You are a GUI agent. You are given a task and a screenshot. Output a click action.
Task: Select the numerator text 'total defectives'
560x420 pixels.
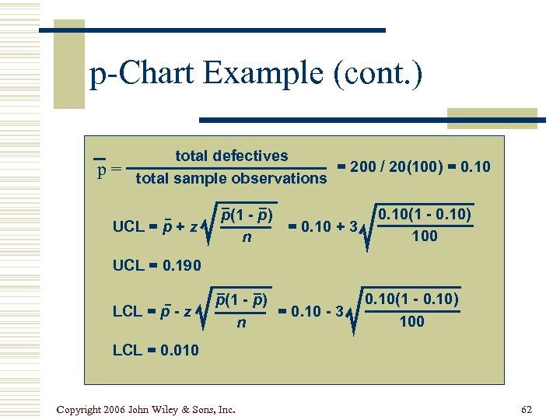click(231, 156)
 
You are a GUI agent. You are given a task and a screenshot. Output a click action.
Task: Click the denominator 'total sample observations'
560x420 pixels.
click(231, 179)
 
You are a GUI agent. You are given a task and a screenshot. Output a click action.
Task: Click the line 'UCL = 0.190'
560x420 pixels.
click(157, 265)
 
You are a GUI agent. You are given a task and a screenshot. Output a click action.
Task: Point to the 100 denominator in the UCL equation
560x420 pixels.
click(425, 236)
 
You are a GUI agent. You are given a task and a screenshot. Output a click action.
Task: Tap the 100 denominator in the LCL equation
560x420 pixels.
click(411, 320)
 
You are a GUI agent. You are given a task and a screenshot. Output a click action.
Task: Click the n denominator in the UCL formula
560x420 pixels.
click(247, 236)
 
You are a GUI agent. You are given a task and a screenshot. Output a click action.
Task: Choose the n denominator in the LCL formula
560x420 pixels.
click(241, 320)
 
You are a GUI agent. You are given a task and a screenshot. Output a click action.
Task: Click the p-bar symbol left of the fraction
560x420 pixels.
click(100, 169)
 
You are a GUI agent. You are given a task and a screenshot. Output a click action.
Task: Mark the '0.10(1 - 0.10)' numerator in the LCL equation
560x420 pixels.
click(411, 299)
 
